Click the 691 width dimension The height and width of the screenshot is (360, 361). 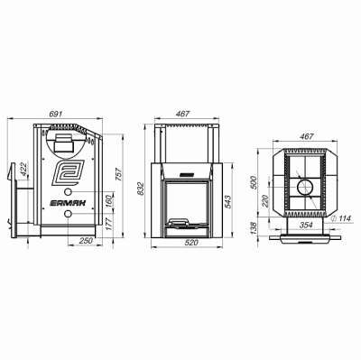[x=55, y=114]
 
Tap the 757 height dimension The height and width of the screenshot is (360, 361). [x=118, y=174]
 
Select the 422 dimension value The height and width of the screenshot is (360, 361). [x=23, y=169]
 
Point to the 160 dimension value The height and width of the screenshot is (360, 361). [x=109, y=201]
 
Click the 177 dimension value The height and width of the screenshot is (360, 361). [x=109, y=225]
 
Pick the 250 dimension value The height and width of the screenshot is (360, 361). [x=87, y=241]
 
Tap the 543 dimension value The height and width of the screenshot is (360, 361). [x=227, y=202]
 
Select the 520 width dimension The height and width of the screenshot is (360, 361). [x=191, y=243]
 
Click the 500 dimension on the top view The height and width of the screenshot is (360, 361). [x=254, y=182]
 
